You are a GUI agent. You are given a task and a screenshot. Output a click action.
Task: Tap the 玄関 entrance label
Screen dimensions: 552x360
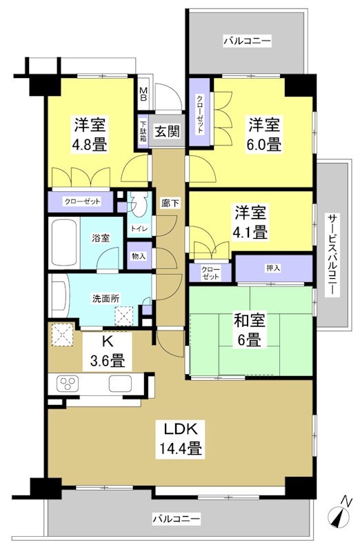pyautogui.click(x=167, y=131)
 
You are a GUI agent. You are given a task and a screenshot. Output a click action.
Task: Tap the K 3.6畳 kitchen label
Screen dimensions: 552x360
pyautogui.click(x=108, y=351)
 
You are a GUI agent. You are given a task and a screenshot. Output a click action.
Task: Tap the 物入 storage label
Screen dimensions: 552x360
pyautogui.click(x=139, y=256)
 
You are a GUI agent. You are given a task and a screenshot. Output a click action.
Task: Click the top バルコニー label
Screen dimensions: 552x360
pyautogui.click(x=246, y=42)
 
